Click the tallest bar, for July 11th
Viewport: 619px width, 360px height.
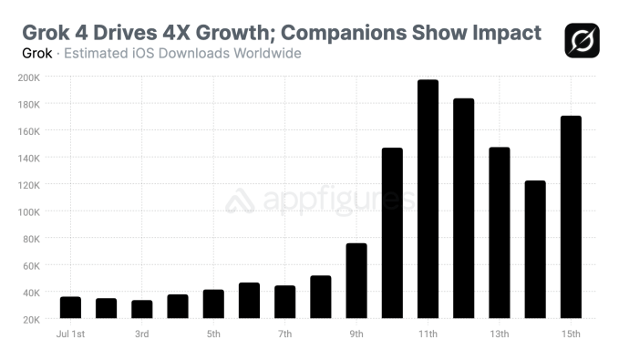pos(428,200)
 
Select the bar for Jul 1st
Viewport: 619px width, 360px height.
pos(70,307)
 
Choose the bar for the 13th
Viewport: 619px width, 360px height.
pos(500,232)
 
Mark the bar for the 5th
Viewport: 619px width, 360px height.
pos(213,303)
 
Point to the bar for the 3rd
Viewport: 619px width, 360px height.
pos(141,309)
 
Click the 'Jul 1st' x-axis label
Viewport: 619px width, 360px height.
pos(69,334)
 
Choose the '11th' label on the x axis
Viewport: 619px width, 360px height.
pos(428,334)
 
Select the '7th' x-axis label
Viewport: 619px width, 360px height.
pos(284,334)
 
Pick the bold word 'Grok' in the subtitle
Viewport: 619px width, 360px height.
pos(36,53)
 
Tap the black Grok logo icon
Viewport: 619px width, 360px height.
pos(581,40)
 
